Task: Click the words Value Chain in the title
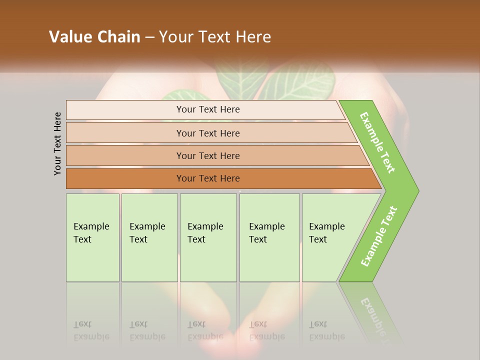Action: tap(94, 36)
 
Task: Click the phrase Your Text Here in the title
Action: tap(215, 36)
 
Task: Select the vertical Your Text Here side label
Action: tap(57, 143)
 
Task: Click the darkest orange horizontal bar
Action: tap(125, 178)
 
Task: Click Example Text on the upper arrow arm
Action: tap(377, 142)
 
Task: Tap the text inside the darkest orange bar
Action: tap(208, 178)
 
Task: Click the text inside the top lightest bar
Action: tap(208, 109)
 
